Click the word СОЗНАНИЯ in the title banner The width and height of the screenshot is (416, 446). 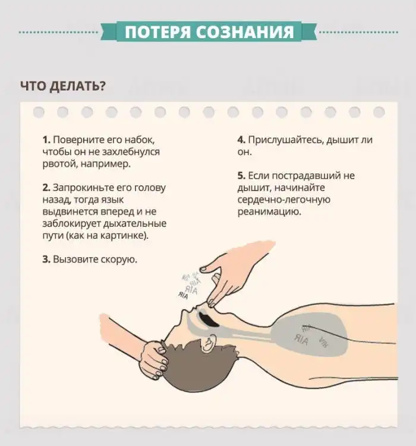[245, 32]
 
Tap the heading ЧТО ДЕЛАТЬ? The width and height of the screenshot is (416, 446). [63, 86]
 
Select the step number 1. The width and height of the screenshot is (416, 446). [46, 140]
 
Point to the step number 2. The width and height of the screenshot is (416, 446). [46, 188]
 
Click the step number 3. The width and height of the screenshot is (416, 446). [46, 260]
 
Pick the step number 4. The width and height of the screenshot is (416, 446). [241, 140]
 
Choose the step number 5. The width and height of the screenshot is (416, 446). [241, 176]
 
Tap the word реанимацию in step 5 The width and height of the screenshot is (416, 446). [269, 212]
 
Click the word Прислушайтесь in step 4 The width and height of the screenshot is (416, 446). [286, 140]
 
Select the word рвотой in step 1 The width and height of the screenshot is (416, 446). [59, 164]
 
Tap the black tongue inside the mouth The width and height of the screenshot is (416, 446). [207, 319]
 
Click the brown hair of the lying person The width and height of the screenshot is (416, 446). [198, 367]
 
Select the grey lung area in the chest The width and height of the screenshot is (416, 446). [310, 335]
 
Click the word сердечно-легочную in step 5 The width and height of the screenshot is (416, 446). [284, 200]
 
